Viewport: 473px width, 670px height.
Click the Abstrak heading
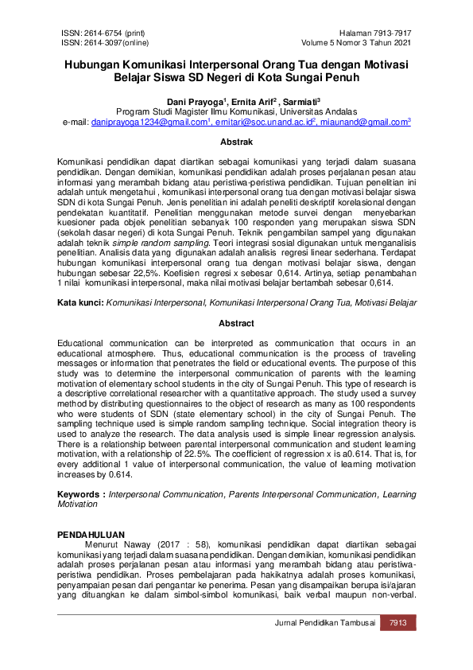(x=236, y=142)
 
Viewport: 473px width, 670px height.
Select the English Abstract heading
(x=236, y=323)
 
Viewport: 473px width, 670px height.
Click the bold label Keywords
(x=80, y=494)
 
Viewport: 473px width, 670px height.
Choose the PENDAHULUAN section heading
(x=91, y=534)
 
